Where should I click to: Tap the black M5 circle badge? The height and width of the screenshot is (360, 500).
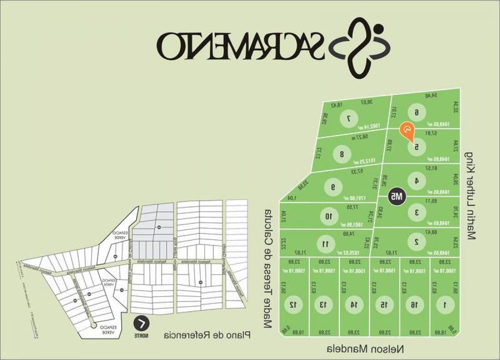[397, 196]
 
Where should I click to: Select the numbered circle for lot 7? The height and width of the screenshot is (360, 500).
[348, 119]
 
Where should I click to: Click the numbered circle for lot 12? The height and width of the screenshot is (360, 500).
[292, 305]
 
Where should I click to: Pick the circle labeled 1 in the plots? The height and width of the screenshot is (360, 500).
[445, 305]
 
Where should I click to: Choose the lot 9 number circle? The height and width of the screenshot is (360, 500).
[333, 187]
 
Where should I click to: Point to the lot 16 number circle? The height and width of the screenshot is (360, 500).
[414, 305]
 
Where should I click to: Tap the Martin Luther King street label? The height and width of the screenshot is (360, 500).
[471, 196]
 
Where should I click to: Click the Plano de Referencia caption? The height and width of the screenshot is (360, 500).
[207, 335]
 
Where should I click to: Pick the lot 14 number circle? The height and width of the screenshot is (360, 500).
[353, 305]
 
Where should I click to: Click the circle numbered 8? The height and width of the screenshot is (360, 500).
[342, 154]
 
